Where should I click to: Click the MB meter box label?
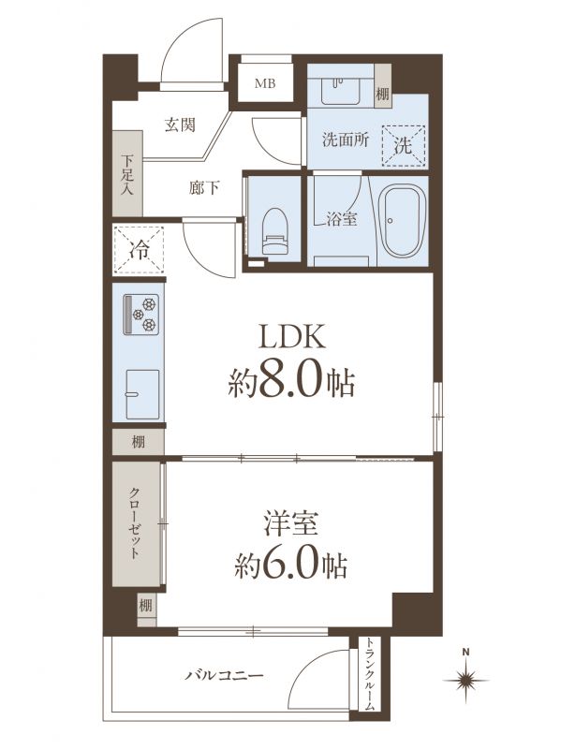pos(265,83)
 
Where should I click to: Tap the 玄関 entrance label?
pos(180,125)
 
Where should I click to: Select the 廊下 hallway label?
pos(204,188)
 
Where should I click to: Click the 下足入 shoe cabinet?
pos(127,173)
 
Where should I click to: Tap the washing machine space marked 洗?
pos(404,145)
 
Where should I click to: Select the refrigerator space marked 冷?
pos(139,249)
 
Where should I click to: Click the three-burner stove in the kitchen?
pos(141,315)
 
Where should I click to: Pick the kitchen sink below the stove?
pos(142,394)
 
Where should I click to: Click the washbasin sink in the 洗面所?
pos(340,91)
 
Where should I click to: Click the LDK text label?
pos(292,337)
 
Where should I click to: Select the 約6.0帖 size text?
pos(291,565)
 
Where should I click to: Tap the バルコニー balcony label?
pos(225,675)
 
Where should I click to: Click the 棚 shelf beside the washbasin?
pos(382,85)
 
